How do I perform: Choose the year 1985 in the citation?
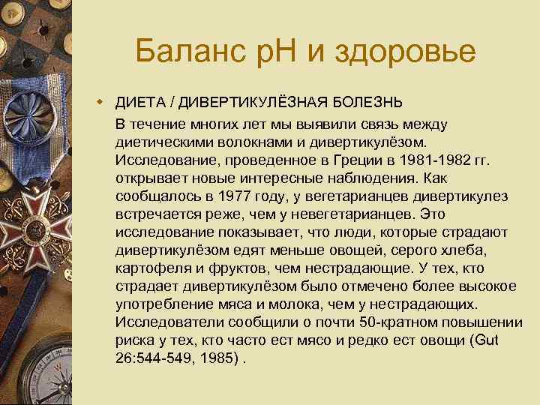tap(222, 358)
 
